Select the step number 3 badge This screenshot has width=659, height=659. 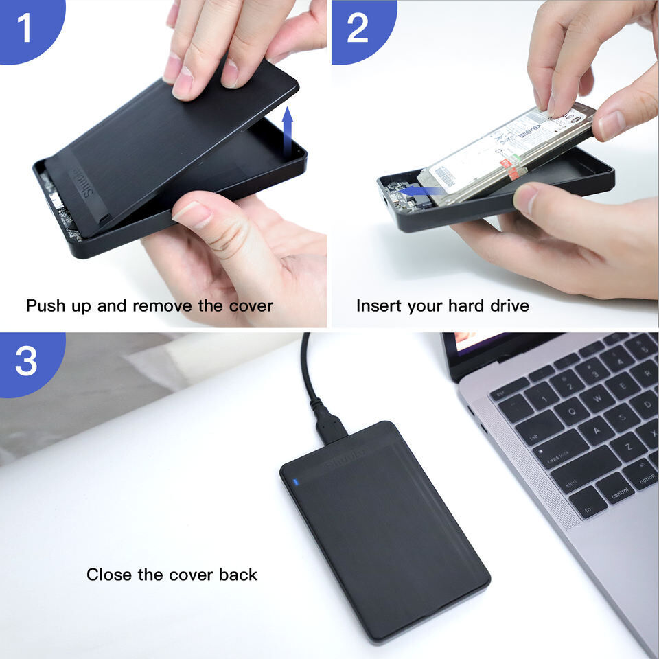26,360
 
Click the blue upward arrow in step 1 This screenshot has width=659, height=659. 288,135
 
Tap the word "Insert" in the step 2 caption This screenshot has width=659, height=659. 378,305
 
